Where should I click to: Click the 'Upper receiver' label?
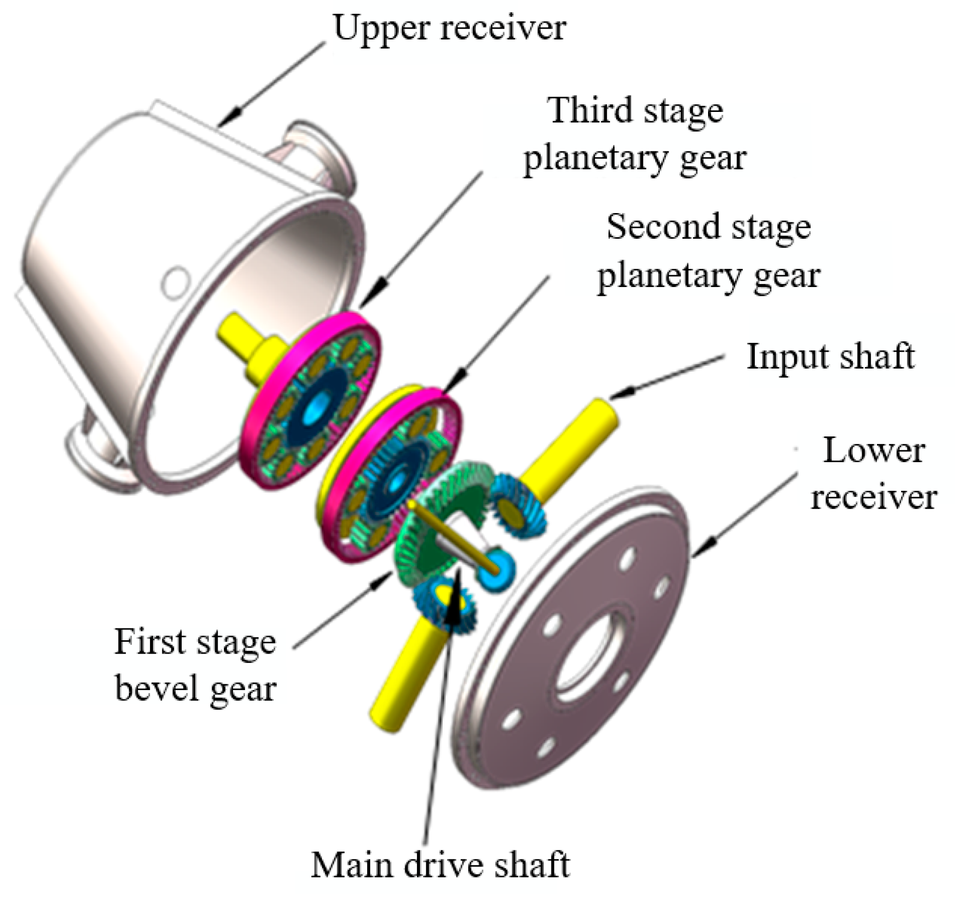[449, 28]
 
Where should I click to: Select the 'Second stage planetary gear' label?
[708, 252]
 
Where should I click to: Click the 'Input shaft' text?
[830, 356]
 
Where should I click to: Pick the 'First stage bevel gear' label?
[195, 664]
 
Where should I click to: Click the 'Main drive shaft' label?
[441, 865]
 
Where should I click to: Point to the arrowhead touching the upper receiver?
[236, 113]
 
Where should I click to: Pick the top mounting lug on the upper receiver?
[318, 149]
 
